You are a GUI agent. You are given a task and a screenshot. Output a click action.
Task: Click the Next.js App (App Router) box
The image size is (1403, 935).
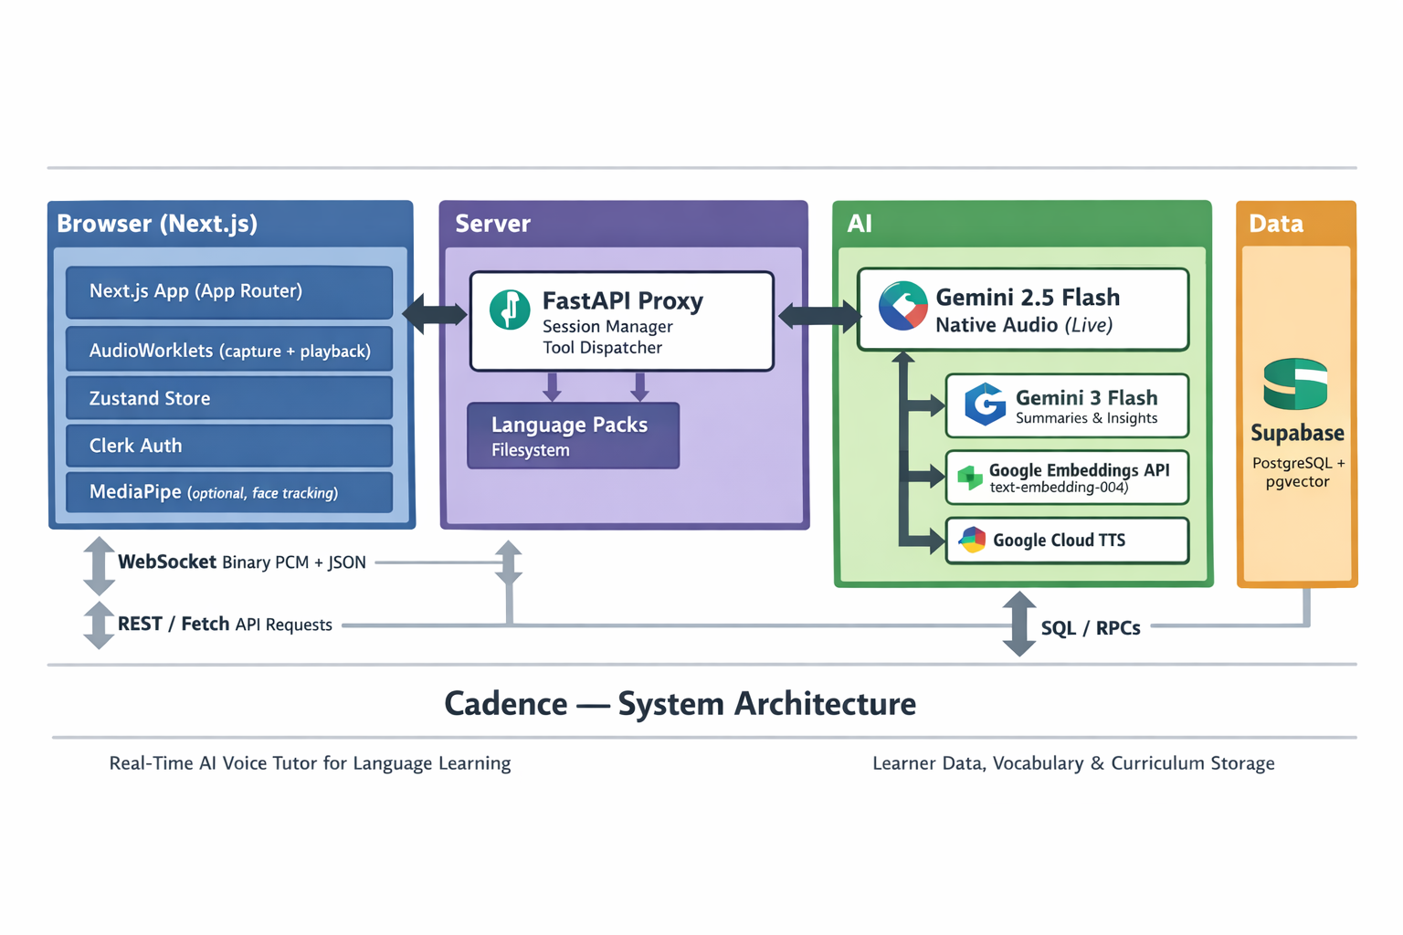229,292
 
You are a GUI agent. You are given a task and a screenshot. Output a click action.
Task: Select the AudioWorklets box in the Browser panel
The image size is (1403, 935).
229,351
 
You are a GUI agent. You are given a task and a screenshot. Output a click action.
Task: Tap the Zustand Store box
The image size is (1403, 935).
229,398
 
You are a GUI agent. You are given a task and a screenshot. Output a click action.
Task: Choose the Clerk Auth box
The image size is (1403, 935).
229,446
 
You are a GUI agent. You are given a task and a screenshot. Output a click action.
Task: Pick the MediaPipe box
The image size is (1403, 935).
229,493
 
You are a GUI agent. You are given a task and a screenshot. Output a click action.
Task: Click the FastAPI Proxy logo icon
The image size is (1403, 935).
509,310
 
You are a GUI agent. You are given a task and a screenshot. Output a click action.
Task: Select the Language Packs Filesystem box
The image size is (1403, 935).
573,436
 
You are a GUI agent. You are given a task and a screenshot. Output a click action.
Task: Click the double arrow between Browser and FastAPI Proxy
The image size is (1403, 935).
435,315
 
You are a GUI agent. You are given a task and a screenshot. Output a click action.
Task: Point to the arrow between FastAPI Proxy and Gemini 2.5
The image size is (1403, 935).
818,316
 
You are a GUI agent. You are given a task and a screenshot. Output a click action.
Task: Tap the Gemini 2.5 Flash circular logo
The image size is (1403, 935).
902,306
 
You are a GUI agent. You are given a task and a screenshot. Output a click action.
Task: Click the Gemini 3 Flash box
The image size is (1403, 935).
1067,406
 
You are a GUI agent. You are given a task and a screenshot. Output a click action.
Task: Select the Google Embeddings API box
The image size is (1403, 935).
1067,477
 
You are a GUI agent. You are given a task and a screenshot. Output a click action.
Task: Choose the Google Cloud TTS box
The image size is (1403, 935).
1067,541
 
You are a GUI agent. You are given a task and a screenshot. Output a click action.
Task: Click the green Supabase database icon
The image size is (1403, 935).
1295,384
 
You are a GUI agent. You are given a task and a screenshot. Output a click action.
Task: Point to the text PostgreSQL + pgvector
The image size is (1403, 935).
1297,472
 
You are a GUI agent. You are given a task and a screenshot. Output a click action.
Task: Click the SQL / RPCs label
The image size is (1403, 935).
1091,628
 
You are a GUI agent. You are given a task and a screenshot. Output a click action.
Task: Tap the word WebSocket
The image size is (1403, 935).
167,562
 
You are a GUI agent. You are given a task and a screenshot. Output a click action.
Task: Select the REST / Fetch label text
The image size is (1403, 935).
174,625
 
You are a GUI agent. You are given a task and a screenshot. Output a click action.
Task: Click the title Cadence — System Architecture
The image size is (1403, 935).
680,704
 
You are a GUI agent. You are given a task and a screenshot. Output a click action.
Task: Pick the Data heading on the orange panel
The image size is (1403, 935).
1276,224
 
